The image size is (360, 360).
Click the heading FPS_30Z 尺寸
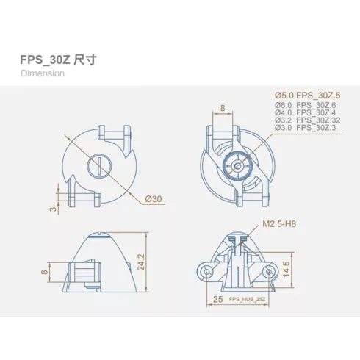58,60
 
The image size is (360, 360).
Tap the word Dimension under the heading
43,73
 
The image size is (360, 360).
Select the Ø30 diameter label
154,199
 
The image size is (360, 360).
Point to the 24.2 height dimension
141,262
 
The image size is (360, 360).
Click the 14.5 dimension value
287,269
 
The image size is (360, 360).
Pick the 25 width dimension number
218,299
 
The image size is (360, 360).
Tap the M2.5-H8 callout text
279,223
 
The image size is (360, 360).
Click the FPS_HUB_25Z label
247,299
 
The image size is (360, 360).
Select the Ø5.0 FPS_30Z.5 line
307,96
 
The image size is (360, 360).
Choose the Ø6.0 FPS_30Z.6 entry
305,105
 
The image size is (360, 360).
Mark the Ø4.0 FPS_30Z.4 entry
305,112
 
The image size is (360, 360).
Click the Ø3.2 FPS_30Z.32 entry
307,120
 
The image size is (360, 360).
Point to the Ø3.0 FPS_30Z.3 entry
305,127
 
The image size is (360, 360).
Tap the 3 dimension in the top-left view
54,209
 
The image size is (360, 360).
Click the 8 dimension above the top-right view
223,108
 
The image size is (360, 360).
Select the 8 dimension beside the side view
45,272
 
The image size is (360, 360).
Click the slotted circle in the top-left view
99,166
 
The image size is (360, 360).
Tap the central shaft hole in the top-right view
237,166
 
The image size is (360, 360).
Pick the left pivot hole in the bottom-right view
206,271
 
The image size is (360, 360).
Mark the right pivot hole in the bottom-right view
269,271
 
